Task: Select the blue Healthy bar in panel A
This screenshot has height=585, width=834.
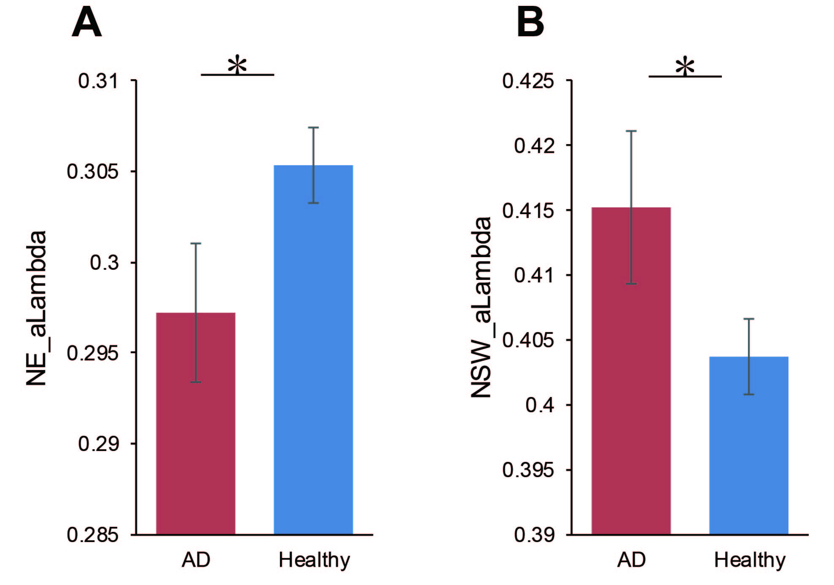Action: pyautogui.click(x=313, y=350)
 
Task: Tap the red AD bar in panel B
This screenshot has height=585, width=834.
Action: pyautogui.click(x=631, y=371)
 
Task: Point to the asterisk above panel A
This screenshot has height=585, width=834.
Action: pyautogui.click(x=237, y=65)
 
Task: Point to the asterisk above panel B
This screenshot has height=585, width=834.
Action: pyautogui.click(x=685, y=67)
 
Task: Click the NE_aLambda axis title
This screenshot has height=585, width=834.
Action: pyautogui.click(x=36, y=308)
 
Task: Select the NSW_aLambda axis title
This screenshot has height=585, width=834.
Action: pyautogui.click(x=481, y=307)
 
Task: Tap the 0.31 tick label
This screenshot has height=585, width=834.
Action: pyautogui.click(x=98, y=81)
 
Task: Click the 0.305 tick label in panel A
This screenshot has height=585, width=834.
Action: pyautogui.click(x=93, y=172)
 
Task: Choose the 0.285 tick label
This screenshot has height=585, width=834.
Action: pyautogui.click(x=93, y=535)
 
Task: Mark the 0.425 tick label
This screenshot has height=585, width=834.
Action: pyautogui.click(x=528, y=81)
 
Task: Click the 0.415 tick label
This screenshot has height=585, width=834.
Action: pyautogui.click(x=528, y=211)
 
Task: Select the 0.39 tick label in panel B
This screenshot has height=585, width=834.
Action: pyautogui.click(x=533, y=535)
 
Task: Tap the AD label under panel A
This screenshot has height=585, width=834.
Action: pyautogui.click(x=196, y=560)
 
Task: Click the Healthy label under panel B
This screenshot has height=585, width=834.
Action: pyautogui.click(x=750, y=560)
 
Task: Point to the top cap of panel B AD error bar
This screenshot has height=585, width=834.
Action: pyautogui.click(x=631, y=131)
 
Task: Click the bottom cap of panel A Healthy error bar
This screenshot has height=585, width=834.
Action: pyautogui.click(x=313, y=203)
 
